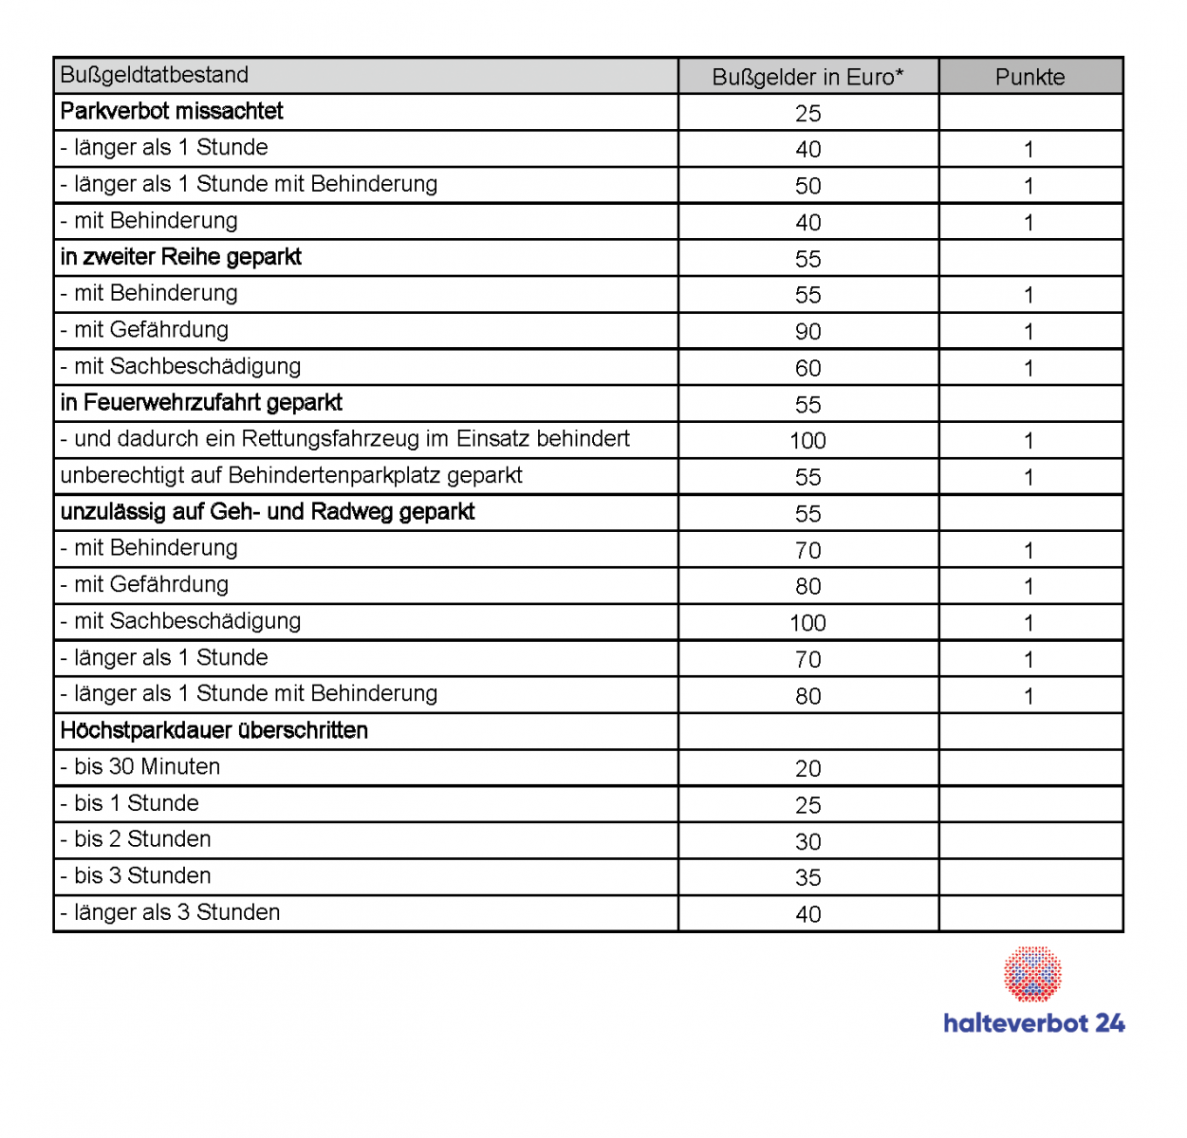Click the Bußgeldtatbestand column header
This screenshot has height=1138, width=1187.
point(155,75)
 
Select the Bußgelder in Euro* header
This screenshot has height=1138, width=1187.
point(807,77)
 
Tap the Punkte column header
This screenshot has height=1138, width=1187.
point(1029,77)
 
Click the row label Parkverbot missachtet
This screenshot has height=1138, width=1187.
point(172,111)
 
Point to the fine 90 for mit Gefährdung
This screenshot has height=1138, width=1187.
point(807,331)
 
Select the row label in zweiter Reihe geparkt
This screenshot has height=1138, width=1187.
point(181,257)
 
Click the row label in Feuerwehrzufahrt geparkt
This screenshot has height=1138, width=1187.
point(201,402)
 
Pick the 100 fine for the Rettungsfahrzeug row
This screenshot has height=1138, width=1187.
point(807,440)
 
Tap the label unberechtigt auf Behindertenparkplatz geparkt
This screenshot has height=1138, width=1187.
point(291,475)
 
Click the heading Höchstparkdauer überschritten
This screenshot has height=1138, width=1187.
point(214,730)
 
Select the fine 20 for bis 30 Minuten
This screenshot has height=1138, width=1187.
point(807,768)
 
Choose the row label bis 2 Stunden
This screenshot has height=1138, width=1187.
point(136,839)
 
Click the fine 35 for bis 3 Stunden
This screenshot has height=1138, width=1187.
point(807,877)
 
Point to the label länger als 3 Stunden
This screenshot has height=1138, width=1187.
point(171,912)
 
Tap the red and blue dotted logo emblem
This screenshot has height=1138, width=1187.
point(1032,973)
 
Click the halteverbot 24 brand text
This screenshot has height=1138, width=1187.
point(1033,1023)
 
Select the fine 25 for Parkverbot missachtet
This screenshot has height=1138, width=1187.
point(807,113)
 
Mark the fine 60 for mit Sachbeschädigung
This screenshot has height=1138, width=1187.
point(807,368)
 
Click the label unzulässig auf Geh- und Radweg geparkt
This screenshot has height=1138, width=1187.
point(268,512)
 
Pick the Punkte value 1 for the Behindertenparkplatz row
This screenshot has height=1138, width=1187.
point(1029,477)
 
